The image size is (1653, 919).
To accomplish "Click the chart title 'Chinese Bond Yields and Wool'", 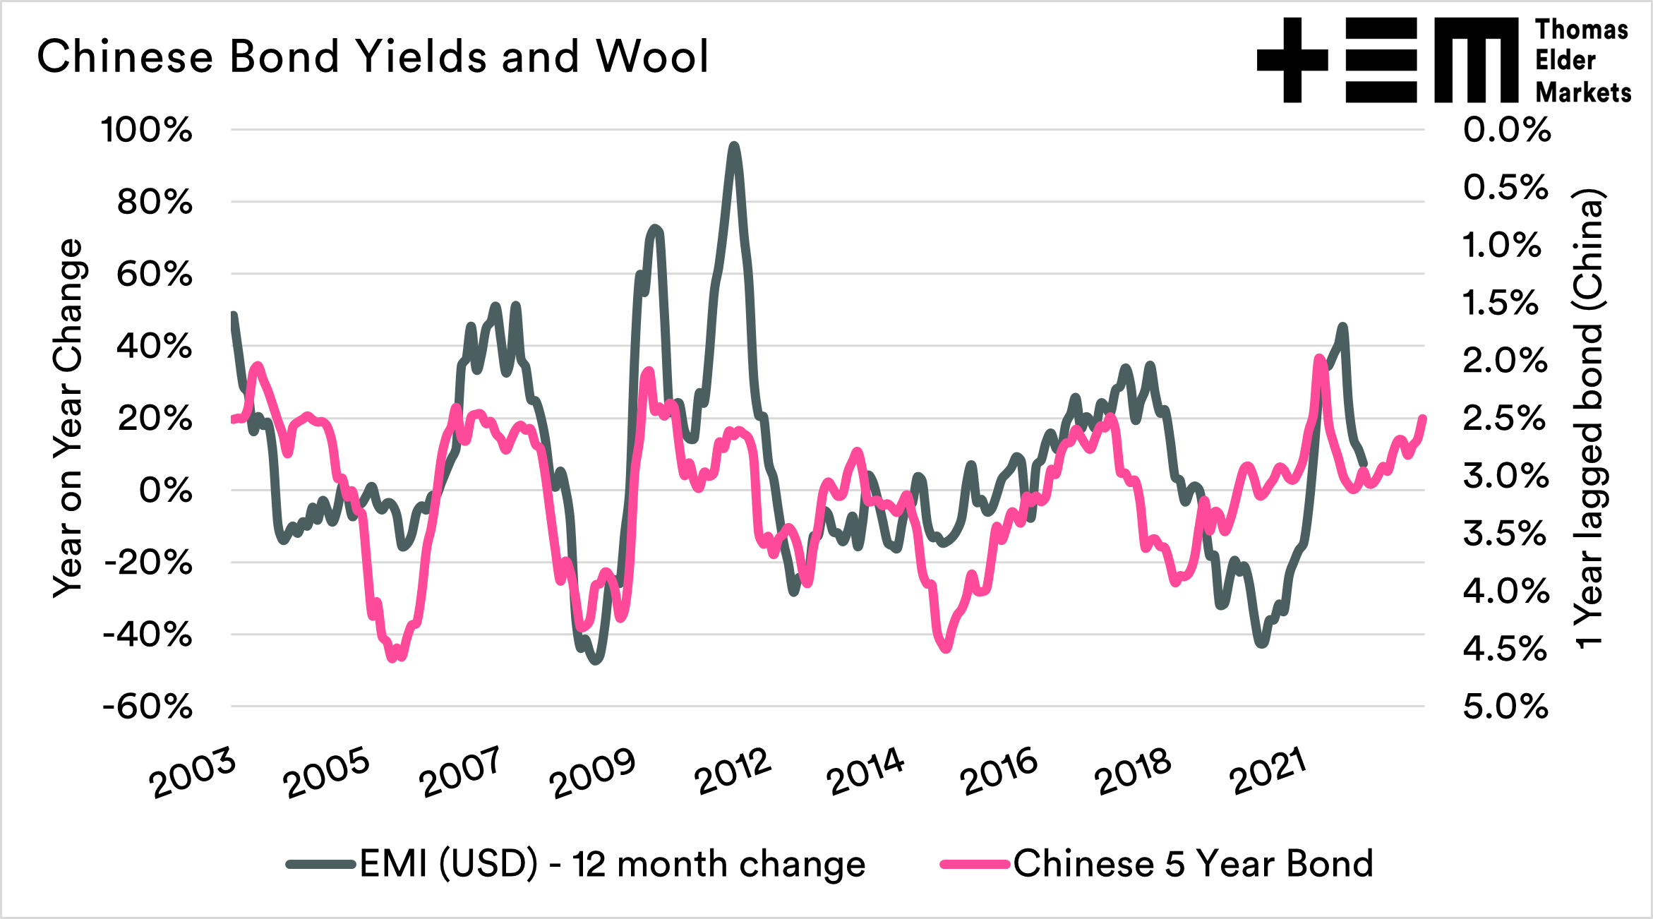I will pos(373,56).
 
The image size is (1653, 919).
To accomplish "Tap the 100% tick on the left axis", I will pos(147,130).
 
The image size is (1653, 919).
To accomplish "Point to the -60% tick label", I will pos(147,707).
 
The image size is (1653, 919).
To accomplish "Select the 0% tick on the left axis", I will pos(165,491).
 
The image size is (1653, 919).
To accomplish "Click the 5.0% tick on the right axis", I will pos(1505,707).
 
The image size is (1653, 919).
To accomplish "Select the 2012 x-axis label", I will pos(733,771).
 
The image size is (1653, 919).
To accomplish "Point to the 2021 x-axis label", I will pos(1268,771).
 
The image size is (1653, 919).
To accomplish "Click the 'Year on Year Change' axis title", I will pos(69,418).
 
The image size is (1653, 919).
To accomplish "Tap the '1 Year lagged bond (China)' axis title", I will pos(1589,418).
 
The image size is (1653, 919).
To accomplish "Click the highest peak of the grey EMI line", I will pos(734,146).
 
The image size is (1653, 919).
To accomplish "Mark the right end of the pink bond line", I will pos(1423,419).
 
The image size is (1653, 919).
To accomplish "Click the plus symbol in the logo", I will pos(1292,60).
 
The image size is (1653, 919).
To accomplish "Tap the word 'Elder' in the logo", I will pos(1565,61).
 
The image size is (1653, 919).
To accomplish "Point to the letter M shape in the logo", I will pos(1476,60).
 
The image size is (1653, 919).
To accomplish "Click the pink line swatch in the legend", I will pos(974,864).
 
